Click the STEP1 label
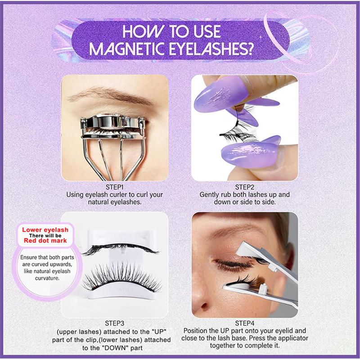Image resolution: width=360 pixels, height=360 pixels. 115,187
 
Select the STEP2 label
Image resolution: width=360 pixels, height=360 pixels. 245,187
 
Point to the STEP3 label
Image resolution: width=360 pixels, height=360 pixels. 115,323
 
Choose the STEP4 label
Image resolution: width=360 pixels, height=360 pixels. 245,323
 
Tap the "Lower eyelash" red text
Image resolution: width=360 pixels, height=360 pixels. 45,230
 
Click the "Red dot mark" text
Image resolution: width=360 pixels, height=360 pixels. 45,241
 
